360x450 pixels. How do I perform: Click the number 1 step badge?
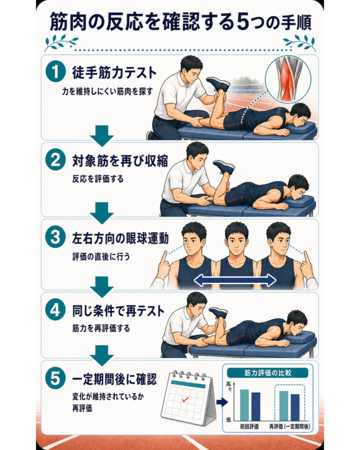point(55,73)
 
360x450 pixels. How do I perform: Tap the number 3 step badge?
point(55,238)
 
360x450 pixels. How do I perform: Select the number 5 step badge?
point(55,379)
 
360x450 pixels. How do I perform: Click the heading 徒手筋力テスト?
point(114,73)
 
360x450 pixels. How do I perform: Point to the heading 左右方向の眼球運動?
point(120,239)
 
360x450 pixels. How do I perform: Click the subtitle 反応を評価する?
point(98,179)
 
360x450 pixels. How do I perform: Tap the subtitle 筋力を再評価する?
point(101,328)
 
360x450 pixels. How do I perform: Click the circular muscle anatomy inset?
point(288,79)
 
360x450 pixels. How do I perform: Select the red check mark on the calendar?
point(185,399)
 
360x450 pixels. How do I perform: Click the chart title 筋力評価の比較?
point(268,373)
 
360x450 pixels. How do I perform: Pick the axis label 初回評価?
point(249,427)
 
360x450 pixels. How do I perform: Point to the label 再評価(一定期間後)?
point(290,427)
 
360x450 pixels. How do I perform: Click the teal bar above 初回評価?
point(244,405)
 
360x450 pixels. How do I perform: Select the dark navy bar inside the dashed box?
point(295,407)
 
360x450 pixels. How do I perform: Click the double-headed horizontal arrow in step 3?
point(235,280)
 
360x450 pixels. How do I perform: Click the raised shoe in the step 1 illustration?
point(218,84)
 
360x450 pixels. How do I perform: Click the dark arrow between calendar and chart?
point(222,403)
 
